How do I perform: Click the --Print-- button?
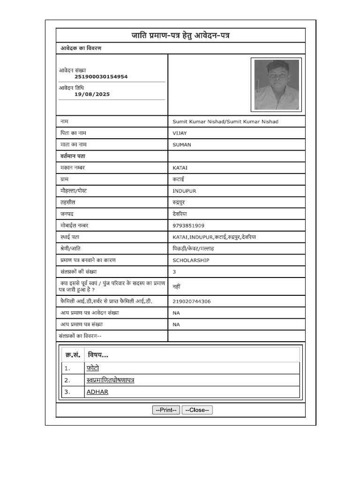[x=166, y=410]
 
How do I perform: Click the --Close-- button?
[x=197, y=410]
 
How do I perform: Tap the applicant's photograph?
[x=276, y=85]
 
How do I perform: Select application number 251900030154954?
[x=101, y=76]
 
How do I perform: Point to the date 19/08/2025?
[x=92, y=94]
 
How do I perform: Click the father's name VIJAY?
[x=180, y=133]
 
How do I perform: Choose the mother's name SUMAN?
[x=182, y=145]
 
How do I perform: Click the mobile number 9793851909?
[x=188, y=225]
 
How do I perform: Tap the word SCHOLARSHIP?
[x=191, y=260]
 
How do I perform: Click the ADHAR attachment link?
[x=97, y=392]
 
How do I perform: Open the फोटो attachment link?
[x=93, y=368]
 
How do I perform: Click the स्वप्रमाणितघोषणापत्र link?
[x=111, y=380]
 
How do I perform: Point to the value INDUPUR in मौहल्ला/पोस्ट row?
[x=184, y=191]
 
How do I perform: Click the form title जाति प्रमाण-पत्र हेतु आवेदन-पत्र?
[x=180, y=36]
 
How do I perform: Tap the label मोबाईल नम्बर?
[x=74, y=225]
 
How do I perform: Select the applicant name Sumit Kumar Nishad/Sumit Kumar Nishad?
[x=225, y=121]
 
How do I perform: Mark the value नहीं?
[x=176, y=286]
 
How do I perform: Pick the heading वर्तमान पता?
[x=73, y=156]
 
